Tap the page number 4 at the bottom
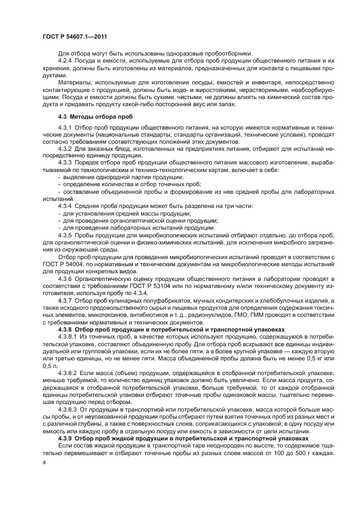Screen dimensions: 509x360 pos(44,462)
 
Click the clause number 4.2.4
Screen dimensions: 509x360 pos(65,60)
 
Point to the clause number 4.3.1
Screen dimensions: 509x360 pos(65,127)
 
